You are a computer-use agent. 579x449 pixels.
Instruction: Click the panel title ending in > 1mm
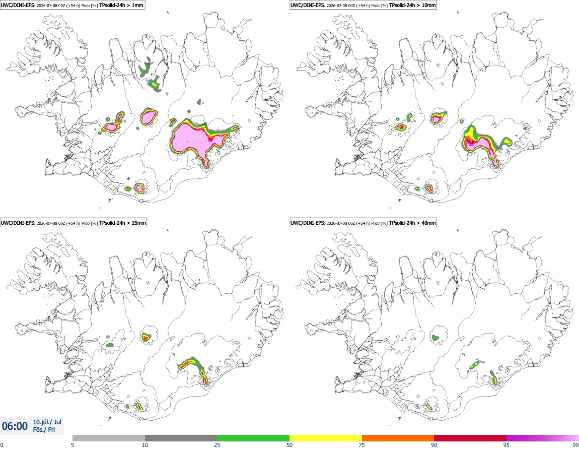click(73, 5)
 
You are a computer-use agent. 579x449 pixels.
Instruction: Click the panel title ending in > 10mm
click(363, 5)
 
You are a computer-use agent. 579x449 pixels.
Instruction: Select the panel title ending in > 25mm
click(74, 223)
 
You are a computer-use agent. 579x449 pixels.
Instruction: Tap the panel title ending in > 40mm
click(363, 223)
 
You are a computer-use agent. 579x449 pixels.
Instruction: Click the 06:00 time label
click(15, 426)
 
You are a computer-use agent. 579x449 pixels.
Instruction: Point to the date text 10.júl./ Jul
click(47, 422)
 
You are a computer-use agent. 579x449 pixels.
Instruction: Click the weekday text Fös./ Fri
click(44, 430)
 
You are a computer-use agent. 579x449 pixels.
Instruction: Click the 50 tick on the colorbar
click(289, 445)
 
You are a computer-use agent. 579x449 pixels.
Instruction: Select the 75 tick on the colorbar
click(362, 445)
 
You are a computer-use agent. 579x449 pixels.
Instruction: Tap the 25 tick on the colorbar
click(217, 445)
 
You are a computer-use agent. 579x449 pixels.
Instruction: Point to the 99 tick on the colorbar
click(575, 445)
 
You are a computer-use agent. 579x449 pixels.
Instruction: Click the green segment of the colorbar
click(253, 438)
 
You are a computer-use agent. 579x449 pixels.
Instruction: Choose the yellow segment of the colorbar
click(326, 438)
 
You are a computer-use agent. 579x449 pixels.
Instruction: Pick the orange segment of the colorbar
click(398, 438)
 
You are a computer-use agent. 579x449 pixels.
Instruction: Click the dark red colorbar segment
click(470, 438)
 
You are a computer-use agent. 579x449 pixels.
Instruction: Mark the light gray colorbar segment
click(109, 438)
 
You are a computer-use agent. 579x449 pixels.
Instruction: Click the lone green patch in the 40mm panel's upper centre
click(435, 338)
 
